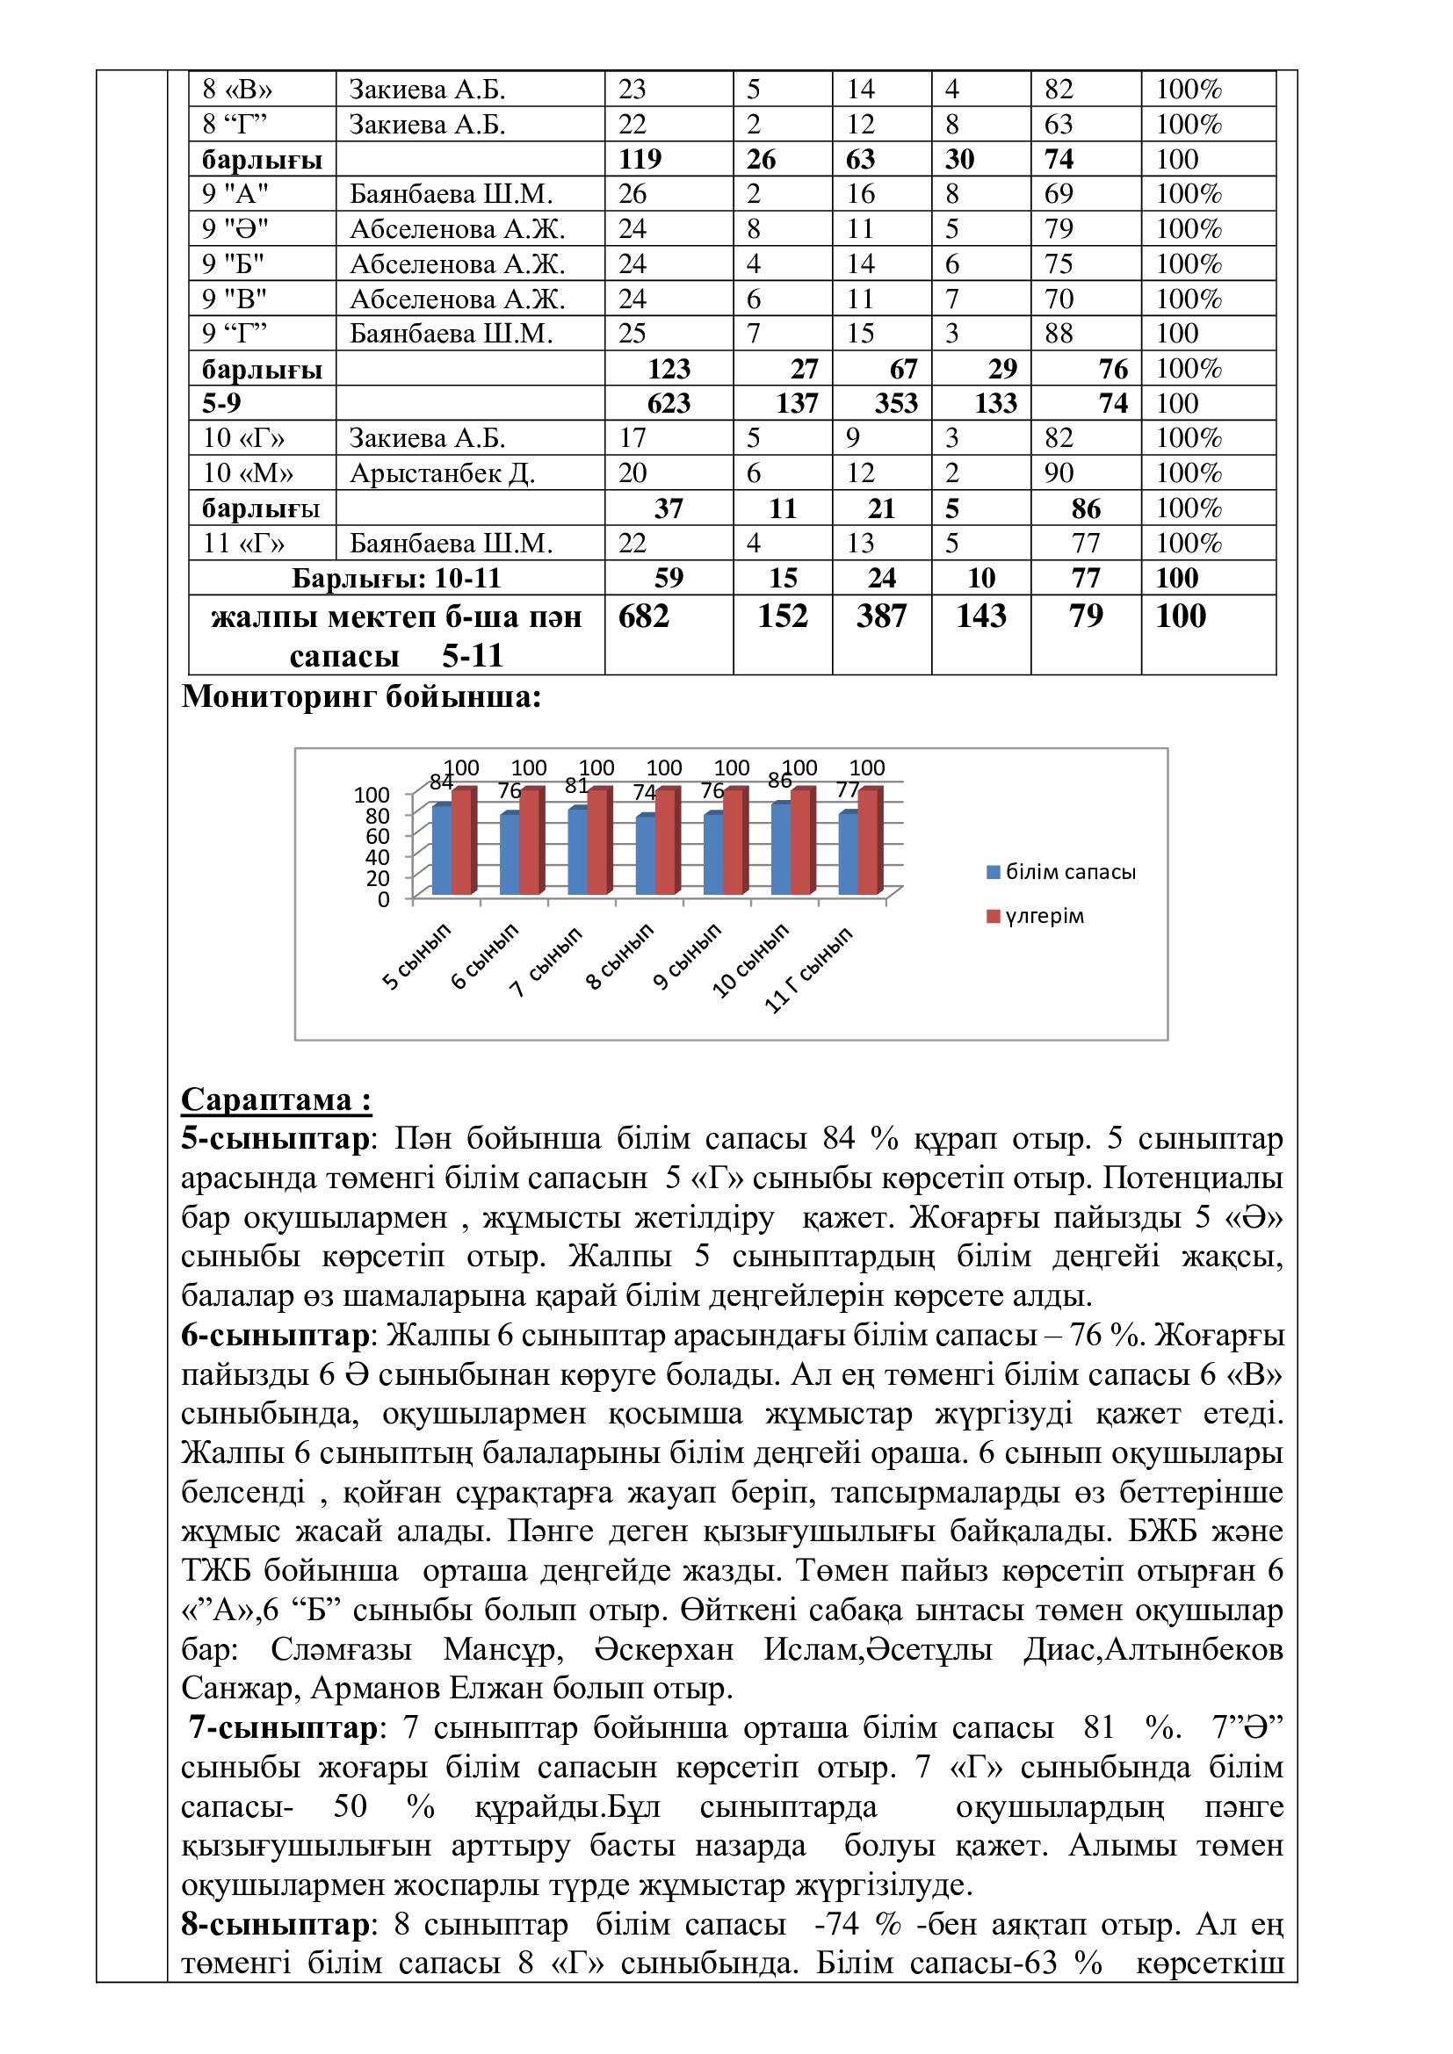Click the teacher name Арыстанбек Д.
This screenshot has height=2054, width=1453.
(x=442, y=473)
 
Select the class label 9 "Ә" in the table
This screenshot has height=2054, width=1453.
(x=235, y=229)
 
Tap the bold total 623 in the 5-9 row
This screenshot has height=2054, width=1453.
(x=669, y=403)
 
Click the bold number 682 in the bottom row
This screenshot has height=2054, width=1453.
(x=643, y=616)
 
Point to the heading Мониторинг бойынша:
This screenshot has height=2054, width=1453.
(x=361, y=697)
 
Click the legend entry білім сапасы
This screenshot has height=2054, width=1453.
(x=1070, y=871)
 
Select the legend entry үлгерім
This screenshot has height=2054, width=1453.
(x=1044, y=916)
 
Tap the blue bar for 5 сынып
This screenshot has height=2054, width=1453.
(x=442, y=850)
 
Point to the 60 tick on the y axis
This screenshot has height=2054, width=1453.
(x=379, y=835)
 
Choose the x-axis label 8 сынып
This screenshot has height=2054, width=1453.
(x=619, y=957)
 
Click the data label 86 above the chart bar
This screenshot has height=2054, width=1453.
(x=780, y=780)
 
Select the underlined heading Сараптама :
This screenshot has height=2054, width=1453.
(x=277, y=1099)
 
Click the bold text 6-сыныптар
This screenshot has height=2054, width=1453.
(x=275, y=1336)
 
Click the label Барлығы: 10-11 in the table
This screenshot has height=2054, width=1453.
(x=396, y=578)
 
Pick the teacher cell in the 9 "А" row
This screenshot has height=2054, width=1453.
(x=450, y=194)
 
